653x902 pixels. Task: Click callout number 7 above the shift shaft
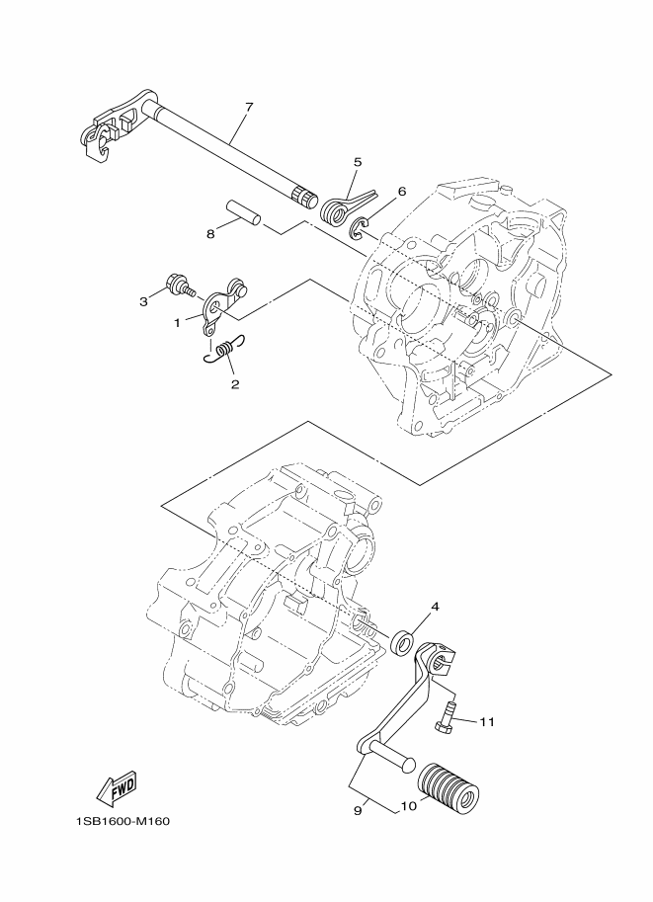(x=249, y=106)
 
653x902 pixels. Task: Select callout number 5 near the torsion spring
(x=357, y=161)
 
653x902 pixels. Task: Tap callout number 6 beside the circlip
(x=402, y=192)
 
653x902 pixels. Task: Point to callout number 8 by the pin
(x=210, y=233)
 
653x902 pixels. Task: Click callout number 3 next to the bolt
(x=143, y=299)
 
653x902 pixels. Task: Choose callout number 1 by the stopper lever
(x=178, y=322)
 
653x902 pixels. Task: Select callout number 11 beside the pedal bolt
(x=486, y=722)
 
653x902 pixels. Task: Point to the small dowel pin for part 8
(x=242, y=212)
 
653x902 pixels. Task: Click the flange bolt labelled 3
(x=181, y=284)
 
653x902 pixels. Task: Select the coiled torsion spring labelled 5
(x=336, y=206)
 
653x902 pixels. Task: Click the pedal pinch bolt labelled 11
(x=446, y=717)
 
